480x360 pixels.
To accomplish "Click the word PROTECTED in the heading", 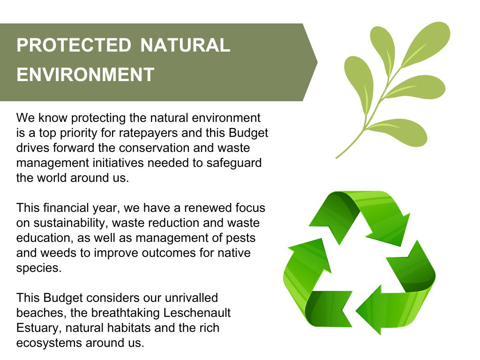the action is click(x=74, y=45).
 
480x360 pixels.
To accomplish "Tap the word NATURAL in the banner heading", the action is click(x=185, y=45).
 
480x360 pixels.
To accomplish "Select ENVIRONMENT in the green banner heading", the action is click(x=85, y=75).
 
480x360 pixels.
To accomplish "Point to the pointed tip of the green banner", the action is click(x=317, y=62).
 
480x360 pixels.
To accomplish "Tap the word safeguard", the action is click(x=234, y=163).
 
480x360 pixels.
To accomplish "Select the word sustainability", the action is click(x=70, y=223).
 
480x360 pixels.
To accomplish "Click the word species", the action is click(x=39, y=268).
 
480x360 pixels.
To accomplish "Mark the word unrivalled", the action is click(x=191, y=298).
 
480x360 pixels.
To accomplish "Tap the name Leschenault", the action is click(x=197, y=313).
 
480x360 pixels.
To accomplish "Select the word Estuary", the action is click(x=39, y=328).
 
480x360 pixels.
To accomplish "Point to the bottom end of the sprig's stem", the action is click(x=337, y=158).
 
